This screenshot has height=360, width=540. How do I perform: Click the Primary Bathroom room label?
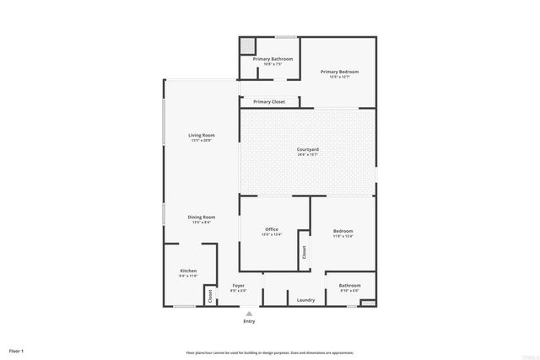[x=273, y=58]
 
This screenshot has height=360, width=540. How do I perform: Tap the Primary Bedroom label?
[x=339, y=72]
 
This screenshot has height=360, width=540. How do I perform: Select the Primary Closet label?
[x=269, y=102]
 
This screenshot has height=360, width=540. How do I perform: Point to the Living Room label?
[x=202, y=135]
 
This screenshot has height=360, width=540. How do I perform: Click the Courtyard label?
[x=308, y=149]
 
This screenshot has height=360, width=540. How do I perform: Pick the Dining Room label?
[x=202, y=217]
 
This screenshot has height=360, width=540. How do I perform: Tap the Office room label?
[x=272, y=229]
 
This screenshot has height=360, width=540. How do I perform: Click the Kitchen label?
[x=188, y=271]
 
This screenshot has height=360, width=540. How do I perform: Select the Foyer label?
[x=238, y=286]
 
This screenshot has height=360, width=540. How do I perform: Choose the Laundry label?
[x=306, y=299]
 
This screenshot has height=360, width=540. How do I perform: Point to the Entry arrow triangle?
[x=249, y=313]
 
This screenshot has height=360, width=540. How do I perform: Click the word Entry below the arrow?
[x=249, y=321]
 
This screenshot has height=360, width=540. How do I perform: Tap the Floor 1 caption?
[x=16, y=350]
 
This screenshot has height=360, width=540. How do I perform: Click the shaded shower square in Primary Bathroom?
[x=247, y=45]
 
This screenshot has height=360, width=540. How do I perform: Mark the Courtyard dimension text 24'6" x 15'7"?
[x=308, y=155]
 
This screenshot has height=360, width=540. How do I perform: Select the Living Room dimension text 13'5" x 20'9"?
[x=202, y=141]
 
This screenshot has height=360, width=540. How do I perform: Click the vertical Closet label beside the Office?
[x=303, y=252]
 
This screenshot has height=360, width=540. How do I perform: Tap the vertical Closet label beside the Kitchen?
[x=210, y=295]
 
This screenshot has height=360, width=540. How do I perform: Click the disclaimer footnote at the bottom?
[x=270, y=352]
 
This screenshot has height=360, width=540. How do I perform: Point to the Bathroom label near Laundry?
[x=350, y=286]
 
